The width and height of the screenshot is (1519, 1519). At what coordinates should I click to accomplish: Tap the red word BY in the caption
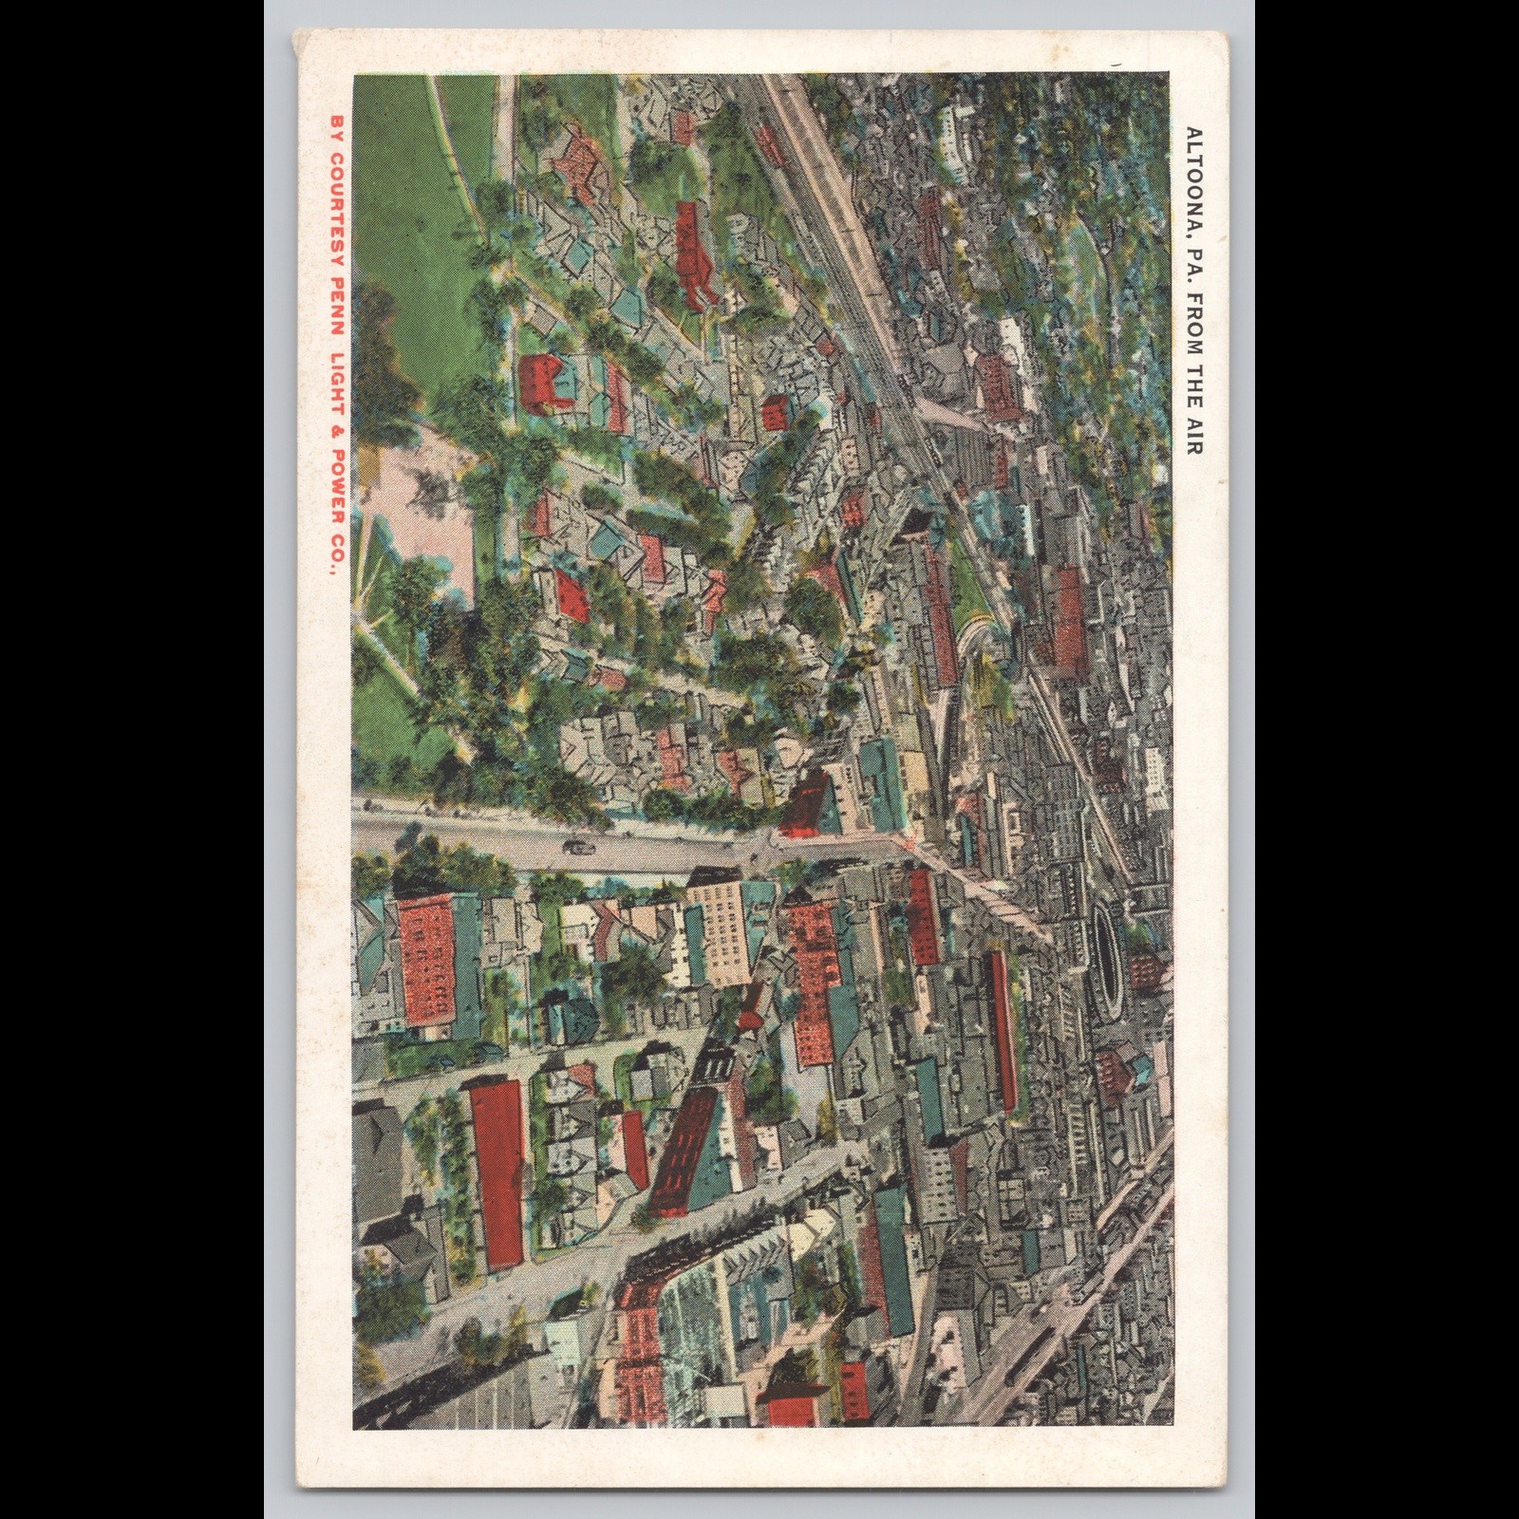click(x=334, y=129)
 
